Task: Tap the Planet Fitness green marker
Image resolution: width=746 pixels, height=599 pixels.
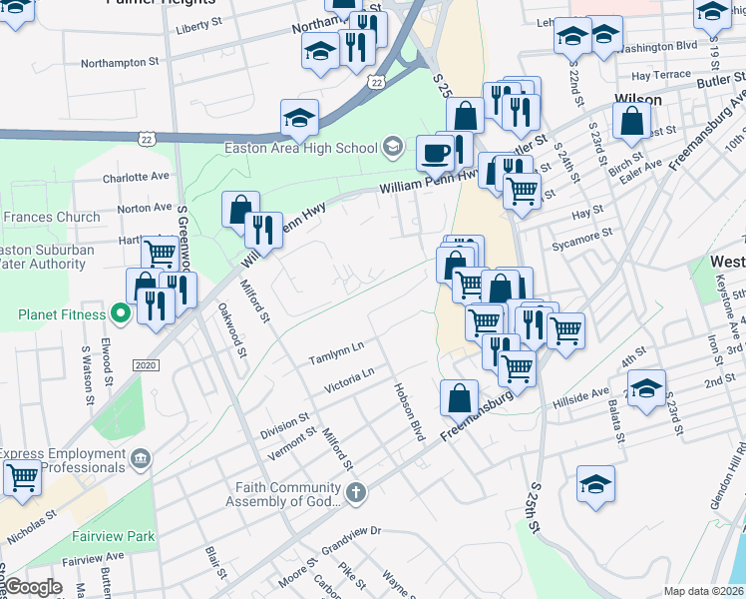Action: [120, 314]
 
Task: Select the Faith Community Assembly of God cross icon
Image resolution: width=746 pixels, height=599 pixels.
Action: [356, 491]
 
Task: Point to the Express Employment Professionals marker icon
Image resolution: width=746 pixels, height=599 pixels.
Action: [141, 458]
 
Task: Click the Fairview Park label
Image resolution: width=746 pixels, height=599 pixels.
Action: [114, 536]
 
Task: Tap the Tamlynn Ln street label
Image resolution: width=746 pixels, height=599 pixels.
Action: [336, 352]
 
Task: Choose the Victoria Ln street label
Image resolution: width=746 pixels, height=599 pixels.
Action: [348, 379]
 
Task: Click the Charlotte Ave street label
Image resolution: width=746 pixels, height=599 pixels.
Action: [136, 176]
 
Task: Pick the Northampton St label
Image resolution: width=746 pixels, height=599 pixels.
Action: [120, 62]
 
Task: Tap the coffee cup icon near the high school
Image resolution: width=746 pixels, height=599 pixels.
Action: [434, 153]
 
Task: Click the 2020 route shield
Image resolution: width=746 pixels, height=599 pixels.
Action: [146, 365]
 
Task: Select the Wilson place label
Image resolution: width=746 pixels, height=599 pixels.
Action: [638, 99]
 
